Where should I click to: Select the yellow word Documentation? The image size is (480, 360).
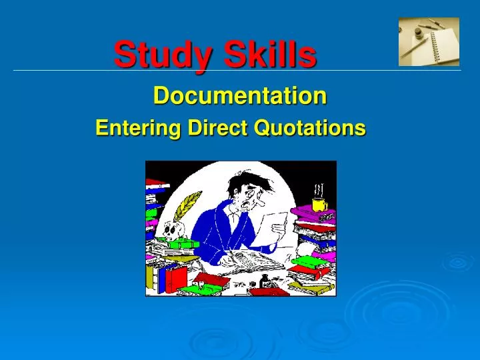coord(240,97)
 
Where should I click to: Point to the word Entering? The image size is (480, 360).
coord(137,127)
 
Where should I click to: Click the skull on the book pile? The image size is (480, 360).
coord(170,230)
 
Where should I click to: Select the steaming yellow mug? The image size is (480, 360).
coord(319,203)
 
